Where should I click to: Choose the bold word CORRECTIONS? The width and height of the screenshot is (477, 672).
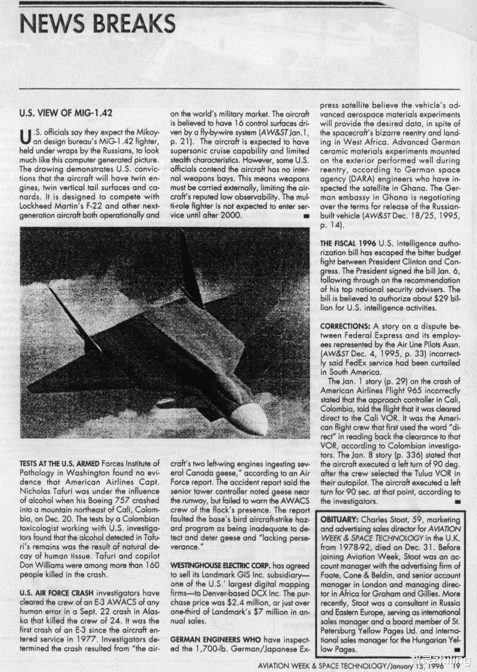pyautogui.click(x=345, y=326)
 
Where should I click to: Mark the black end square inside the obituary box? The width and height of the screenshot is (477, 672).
pyautogui.click(x=456, y=649)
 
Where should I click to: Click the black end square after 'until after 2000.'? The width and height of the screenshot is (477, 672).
pyautogui.click(x=305, y=215)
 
